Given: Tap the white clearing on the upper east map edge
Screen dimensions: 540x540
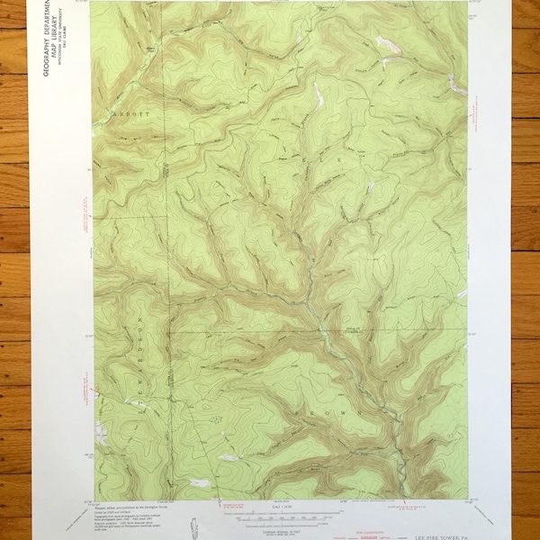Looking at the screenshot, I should [457, 85].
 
